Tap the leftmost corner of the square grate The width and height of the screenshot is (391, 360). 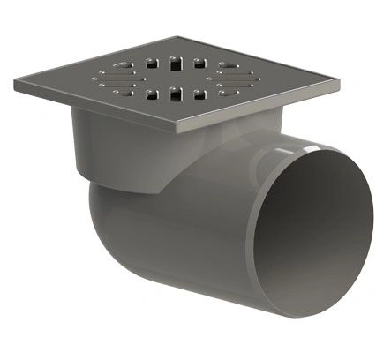[16, 84]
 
